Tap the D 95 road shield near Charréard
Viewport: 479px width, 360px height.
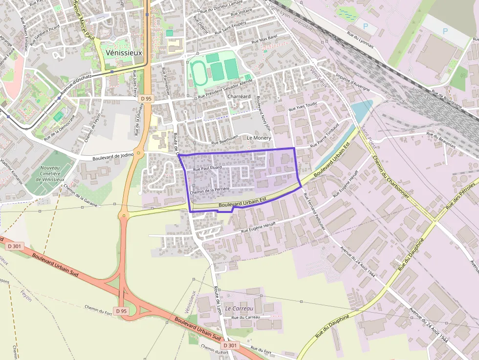(x=146, y=99)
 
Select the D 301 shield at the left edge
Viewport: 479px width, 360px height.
(x=14, y=246)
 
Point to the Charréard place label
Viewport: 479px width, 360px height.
(x=239, y=97)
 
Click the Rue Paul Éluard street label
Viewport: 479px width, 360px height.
(x=208, y=168)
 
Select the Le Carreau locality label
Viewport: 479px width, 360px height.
(x=239, y=309)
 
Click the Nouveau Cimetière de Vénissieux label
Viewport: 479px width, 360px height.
(x=50, y=173)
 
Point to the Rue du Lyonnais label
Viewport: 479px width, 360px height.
(x=360, y=40)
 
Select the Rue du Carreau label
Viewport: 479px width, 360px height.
(x=245, y=318)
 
